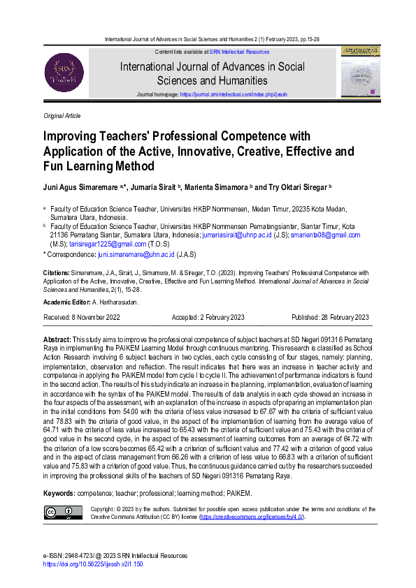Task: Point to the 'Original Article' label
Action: (62, 115)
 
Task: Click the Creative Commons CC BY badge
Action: (62, 513)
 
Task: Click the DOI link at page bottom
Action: (93, 562)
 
